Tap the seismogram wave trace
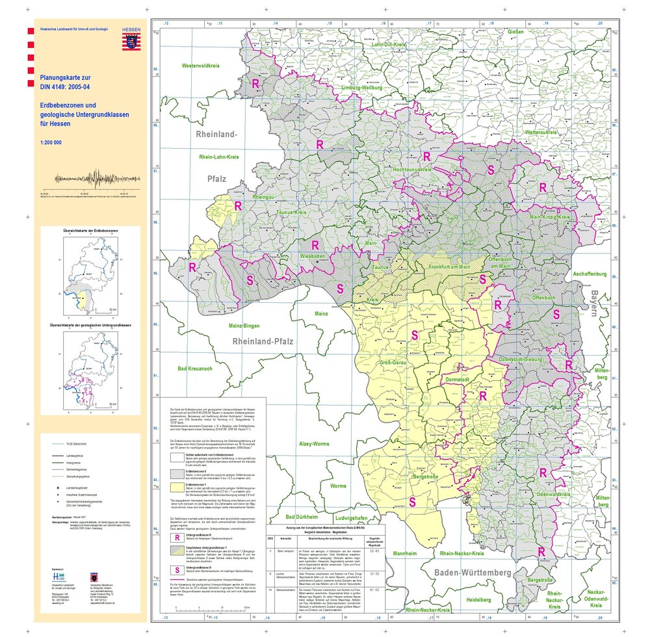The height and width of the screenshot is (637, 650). point(96,178)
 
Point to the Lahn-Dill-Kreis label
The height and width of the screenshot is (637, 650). point(389,45)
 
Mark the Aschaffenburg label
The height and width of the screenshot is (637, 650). point(589,274)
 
